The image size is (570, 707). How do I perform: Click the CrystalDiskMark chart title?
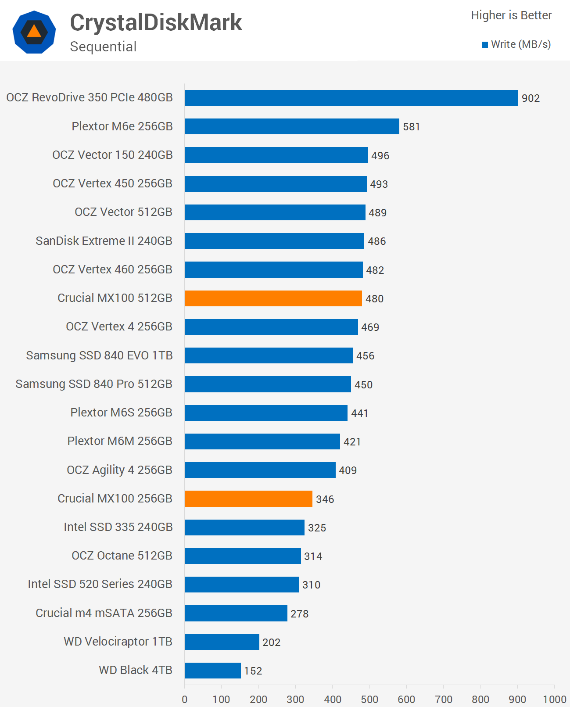tap(156, 22)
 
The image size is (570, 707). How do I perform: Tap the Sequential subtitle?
tap(103, 47)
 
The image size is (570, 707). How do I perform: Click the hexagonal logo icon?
tap(34, 32)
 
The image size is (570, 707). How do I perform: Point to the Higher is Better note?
tap(511, 15)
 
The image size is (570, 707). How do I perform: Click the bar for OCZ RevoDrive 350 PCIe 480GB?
tap(351, 98)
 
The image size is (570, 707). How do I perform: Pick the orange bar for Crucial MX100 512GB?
tap(273, 298)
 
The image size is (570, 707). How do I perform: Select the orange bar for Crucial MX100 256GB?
tap(248, 499)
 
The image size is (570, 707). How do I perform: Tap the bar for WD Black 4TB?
tap(212, 671)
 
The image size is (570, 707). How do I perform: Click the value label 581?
tap(412, 127)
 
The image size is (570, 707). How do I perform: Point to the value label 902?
tap(531, 98)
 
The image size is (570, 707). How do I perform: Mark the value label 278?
tap(300, 614)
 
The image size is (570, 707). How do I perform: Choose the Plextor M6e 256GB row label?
tap(122, 126)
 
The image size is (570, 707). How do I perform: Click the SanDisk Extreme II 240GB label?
tap(104, 241)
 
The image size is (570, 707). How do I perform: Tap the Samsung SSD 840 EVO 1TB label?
tap(99, 355)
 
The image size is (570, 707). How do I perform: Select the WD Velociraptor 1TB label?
tap(118, 642)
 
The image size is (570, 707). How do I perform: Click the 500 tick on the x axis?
tap(369, 699)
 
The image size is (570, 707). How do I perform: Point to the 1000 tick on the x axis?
tap(555, 699)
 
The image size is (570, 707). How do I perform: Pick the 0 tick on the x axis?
tap(185, 699)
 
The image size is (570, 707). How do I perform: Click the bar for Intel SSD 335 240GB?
tap(244, 528)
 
